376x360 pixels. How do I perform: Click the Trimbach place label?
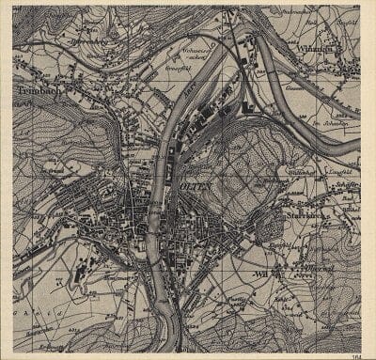click(38, 91)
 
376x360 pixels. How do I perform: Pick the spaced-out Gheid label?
click(38, 317)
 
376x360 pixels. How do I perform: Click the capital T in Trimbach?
click(20, 91)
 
